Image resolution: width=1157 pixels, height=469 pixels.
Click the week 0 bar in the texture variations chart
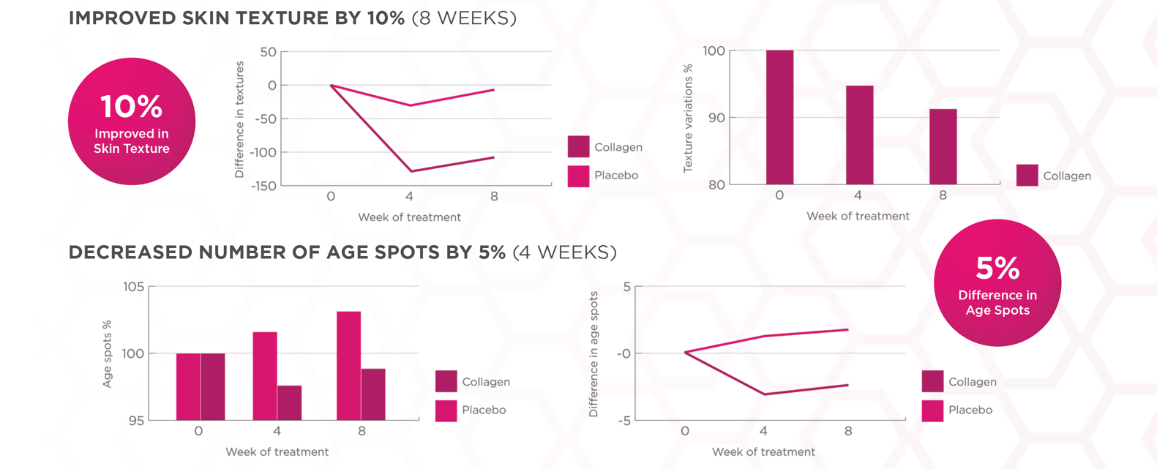coord(779,117)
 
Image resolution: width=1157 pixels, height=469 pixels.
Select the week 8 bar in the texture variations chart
coord(943,146)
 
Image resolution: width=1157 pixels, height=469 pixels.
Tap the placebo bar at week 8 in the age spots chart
coord(348,366)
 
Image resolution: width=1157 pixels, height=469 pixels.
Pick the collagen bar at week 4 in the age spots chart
coord(289,402)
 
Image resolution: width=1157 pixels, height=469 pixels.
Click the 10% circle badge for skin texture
coord(132,121)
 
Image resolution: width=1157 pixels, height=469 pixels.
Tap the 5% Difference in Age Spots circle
coord(997,282)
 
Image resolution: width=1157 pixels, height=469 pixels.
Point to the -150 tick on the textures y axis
coord(263,186)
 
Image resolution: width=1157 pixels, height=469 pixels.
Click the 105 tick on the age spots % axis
coord(133,287)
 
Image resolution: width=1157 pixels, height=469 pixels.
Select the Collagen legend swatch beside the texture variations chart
coord(1027,176)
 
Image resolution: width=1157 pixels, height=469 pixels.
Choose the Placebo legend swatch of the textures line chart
coord(578,176)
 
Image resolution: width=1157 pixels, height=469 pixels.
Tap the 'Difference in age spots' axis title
coord(594,354)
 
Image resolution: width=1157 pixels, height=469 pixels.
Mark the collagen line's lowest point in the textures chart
coord(411,171)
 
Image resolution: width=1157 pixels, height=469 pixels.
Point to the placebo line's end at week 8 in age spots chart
coord(848,329)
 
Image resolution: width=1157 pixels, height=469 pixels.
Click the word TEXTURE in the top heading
coord(282,18)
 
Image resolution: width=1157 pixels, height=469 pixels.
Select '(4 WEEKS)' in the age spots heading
coord(564,252)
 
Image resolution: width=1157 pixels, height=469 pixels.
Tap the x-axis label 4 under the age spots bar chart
coord(277,431)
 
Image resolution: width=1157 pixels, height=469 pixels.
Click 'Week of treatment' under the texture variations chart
coord(858,216)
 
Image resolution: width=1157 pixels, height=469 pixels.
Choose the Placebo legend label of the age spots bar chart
coord(484,410)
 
